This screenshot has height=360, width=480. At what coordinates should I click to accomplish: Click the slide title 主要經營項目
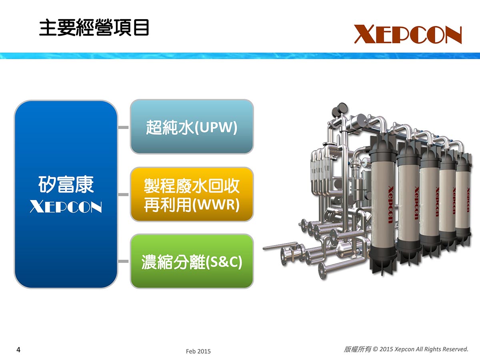point(94,28)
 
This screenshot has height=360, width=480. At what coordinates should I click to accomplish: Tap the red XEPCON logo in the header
point(408,34)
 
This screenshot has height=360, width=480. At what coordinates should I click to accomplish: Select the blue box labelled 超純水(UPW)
point(192,126)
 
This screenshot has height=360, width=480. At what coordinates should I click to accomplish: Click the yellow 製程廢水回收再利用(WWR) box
point(192,194)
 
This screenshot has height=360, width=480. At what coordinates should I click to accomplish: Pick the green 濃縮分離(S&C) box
point(192,261)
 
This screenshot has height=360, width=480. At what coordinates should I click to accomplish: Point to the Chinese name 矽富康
point(66,185)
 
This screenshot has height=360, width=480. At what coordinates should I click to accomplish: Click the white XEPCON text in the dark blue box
point(66,206)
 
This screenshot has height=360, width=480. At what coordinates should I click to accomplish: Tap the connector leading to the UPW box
point(124,127)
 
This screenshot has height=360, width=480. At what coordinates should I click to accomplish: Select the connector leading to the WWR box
point(124,194)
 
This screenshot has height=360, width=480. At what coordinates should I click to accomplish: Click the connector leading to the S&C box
point(124,261)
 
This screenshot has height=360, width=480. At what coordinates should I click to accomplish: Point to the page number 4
point(18,350)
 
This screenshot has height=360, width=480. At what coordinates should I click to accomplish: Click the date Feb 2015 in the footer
point(198,351)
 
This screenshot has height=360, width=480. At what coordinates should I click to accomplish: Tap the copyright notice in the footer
point(406,349)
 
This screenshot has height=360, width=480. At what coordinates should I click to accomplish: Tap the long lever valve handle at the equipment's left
point(280,246)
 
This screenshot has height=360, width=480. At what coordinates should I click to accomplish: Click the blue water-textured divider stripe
point(240,56)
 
